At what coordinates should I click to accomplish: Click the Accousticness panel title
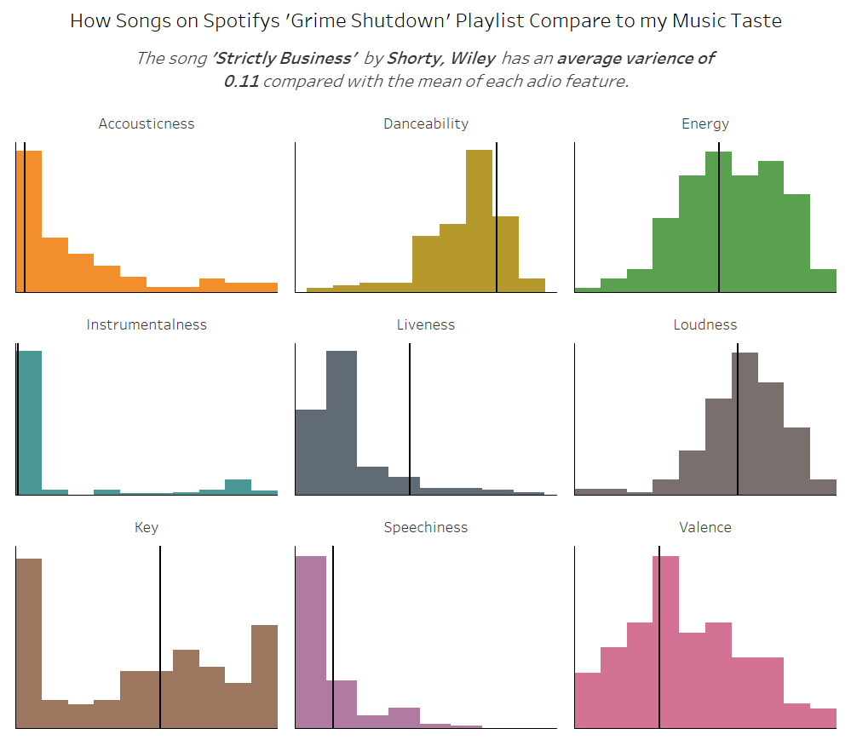147,123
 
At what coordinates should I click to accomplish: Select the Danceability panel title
426,123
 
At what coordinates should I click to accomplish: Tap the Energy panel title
705,123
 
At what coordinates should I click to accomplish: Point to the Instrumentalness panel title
147,324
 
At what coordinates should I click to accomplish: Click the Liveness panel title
426,324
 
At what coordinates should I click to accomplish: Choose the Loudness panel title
705,324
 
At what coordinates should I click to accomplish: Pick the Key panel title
147,527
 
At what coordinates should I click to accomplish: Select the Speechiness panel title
426,527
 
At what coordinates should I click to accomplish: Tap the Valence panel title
705,527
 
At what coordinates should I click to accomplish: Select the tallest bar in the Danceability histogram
479,221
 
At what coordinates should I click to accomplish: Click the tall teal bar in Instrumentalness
30,422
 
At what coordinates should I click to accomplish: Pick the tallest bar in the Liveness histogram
342,422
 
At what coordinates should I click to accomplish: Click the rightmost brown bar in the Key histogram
264,677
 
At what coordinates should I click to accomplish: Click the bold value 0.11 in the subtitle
241,82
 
